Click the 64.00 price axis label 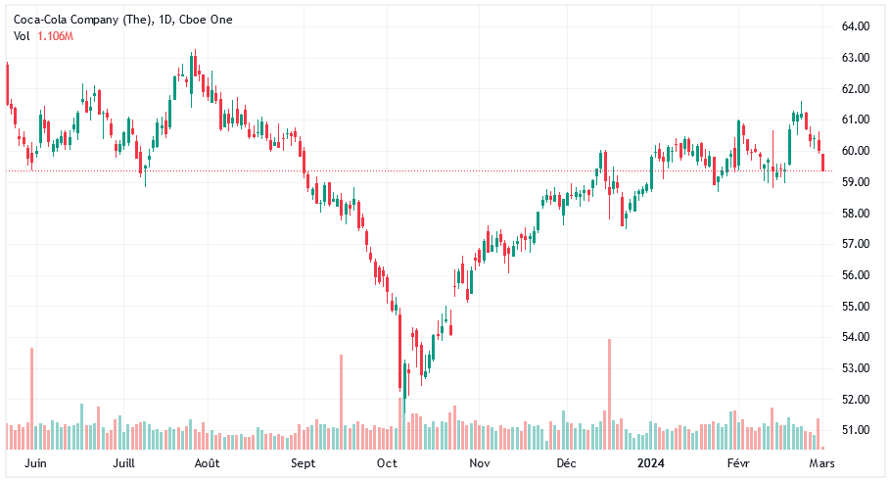point(856,26)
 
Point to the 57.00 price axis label point(856,244)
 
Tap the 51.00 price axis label point(856,430)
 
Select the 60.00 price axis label point(856,151)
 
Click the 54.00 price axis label point(856,337)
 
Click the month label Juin point(35,461)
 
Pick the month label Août point(207,461)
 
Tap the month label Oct point(387,461)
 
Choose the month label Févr point(740,461)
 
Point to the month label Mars point(822,461)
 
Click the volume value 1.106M point(55,36)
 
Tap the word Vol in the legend point(22,36)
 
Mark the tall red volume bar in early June point(31,398)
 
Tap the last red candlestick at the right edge point(823,162)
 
